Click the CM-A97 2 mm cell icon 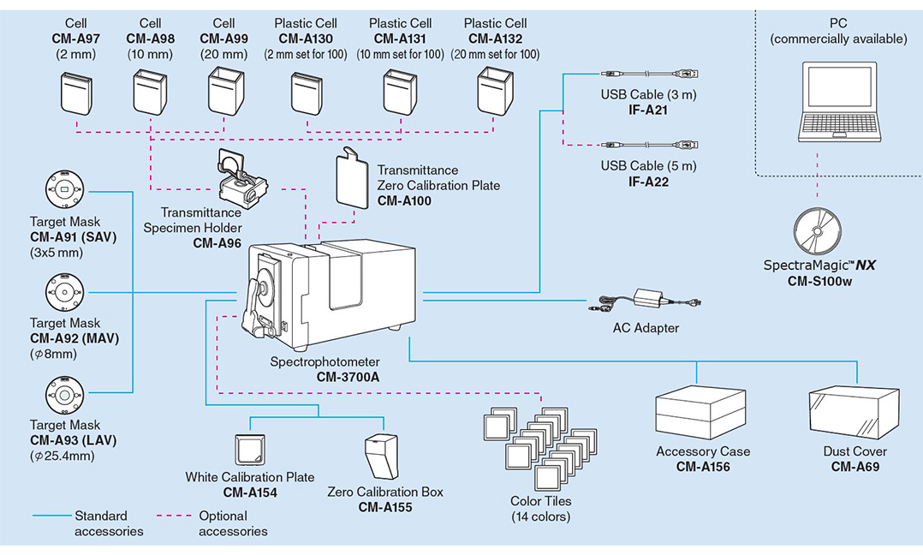pyautogui.click(x=76, y=93)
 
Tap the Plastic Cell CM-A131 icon pyautogui.click(x=401, y=92)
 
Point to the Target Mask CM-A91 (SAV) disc pyautogui.click(x=65, y=189)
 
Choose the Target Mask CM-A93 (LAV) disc pyautogui.click(x=65, y=395)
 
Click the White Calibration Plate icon pyautogui.click(x=250, y=451)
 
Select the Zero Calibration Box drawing pyautogui.click(x=382, y=457)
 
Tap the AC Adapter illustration pyautogui.click(x=645, y=301)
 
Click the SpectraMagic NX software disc pyautogui.click(x=817, y=231)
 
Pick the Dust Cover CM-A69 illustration pyautogui.click(x=855, y=413)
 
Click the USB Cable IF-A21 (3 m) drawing pyautogui.click(x=650, y=75)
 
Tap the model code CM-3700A pyautogui.click(x=348, y=377)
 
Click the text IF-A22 pyautogui.click(x=648, y=182)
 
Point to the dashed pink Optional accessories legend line pyautogui.click(x=175, y=516)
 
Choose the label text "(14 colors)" pyautogui.click(x=540, y=516)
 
